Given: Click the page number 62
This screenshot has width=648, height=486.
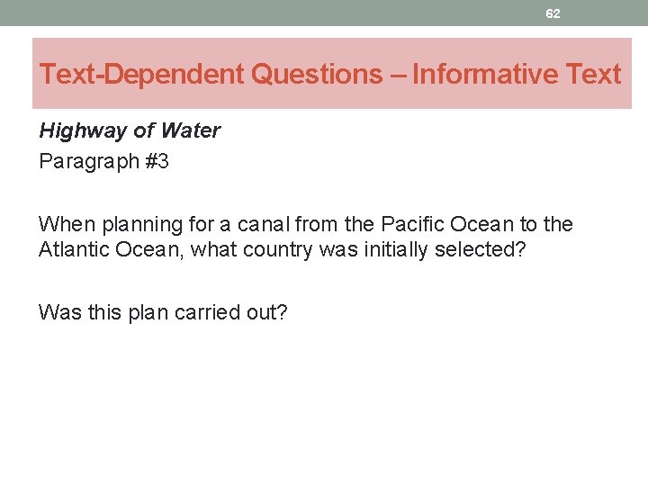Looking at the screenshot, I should point(553,13).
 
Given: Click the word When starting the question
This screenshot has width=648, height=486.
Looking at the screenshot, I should point(65,224).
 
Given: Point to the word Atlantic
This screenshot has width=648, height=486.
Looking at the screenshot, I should point(74,249).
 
